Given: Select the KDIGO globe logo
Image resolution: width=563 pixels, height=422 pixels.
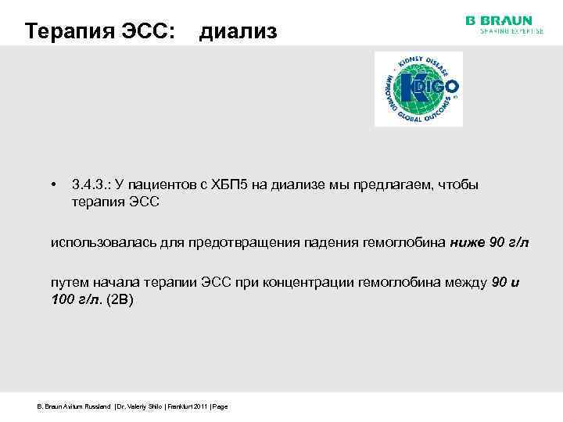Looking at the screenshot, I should click(418, 88).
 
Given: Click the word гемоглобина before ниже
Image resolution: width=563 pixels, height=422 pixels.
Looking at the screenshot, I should click(403, 242).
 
